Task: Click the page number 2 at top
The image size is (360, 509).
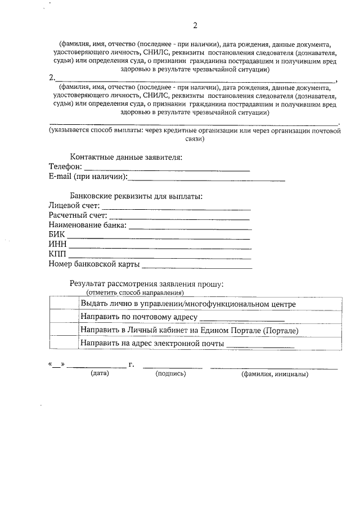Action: coord(195,26)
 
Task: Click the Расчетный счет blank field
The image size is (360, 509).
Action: coord(179,218)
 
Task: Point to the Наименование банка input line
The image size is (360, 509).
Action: coord(191,228)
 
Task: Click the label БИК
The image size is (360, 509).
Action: coord(57,235)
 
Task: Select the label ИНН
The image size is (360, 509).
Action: coord(58,245)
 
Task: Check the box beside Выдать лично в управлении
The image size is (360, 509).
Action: coord(64,304)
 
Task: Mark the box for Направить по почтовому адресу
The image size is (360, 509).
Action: coord(64,317)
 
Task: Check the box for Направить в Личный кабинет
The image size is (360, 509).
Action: coord(64,330)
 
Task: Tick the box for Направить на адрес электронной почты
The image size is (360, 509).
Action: coord(64,343)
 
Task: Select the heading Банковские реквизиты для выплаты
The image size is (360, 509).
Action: coord(136,196)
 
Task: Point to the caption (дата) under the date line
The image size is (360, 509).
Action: coord(100,373)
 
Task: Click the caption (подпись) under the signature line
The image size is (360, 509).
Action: coord(170,373)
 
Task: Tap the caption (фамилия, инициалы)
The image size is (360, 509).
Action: coord(274,373)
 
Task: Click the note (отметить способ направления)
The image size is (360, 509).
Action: coord(135,293)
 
